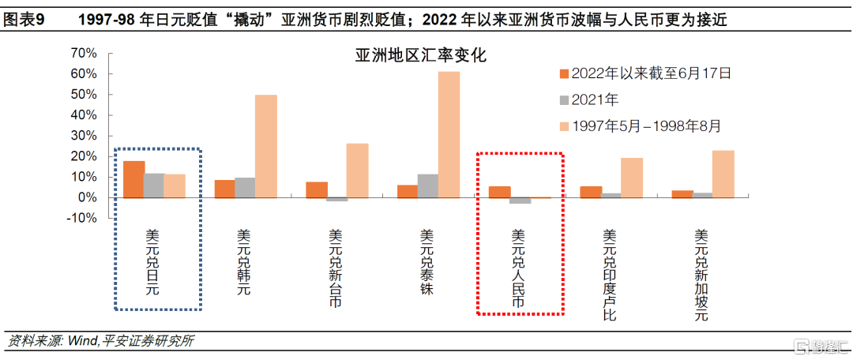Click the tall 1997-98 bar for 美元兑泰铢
click(x=449, y=134)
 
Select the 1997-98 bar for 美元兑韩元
click(x=266, y=146)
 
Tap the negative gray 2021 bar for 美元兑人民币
click(x=520, y=201)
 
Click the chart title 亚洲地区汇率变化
click(x=419, y=56)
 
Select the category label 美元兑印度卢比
click(x=610, y=275)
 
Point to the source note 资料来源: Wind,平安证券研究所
click(x=100, y=341)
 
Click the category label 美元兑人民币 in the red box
click(x=518, y=268)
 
